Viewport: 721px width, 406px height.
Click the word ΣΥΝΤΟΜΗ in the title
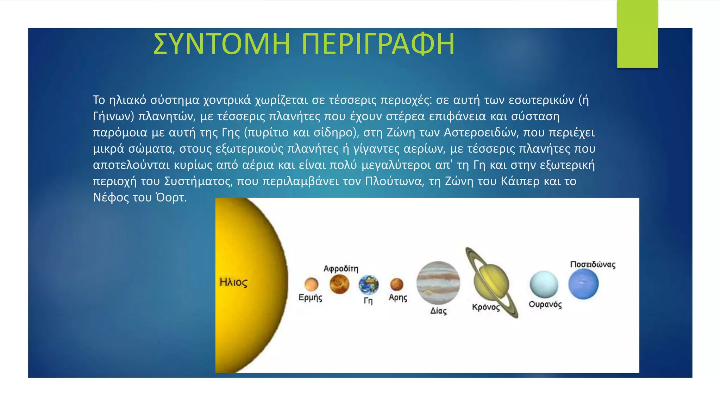click(x=222, y=44)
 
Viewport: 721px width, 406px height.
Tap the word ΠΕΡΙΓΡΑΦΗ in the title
click(x=378, y=44)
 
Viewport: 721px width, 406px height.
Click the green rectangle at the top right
click(x=637, y=33)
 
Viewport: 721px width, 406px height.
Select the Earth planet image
click(x=368, y=285)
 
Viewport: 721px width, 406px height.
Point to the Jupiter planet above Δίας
click(x=438, y=283)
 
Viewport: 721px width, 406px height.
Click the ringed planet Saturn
click(x=491, y=283)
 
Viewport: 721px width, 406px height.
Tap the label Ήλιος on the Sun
click(x=233, y=282)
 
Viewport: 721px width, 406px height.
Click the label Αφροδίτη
click(x=341, y=269)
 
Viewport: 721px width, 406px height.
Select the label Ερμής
click(x=310, y=297)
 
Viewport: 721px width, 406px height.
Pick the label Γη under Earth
click(x=368, y=301)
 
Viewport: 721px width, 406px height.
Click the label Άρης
click(x=398, y=297)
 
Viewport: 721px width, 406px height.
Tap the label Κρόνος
click(x=486, y=307)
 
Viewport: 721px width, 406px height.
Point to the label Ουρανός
click(x=545, y=304)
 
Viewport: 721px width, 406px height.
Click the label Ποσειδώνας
click(x=593, y=265)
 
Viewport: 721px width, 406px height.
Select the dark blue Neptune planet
click(x=583, y=284)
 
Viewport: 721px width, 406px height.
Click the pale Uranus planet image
click(x=544, y=285)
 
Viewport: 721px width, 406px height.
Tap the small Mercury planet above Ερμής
click(x=311, y=284)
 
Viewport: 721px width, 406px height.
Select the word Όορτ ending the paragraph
click(x=171, y=197)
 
